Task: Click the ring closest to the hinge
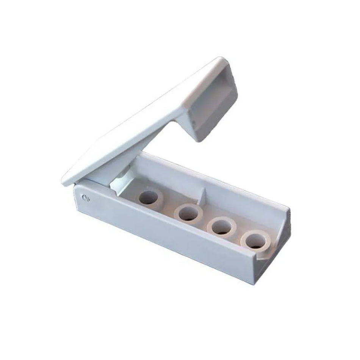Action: pos(150,197)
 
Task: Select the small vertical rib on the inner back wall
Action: pos(204,194)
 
